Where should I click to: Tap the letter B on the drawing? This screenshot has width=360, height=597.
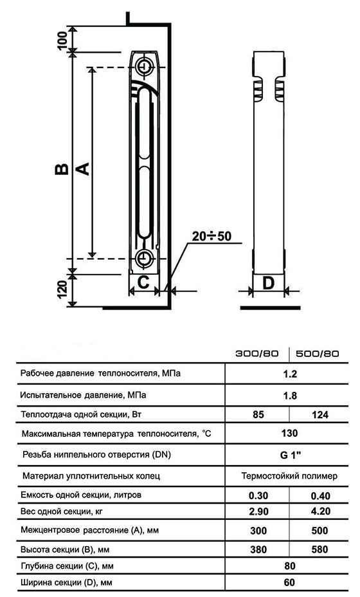(62, 169)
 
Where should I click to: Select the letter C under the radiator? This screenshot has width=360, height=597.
(143, 282)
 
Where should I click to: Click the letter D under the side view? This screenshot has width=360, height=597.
(268, 283)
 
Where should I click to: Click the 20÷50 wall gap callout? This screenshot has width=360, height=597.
(212, 236)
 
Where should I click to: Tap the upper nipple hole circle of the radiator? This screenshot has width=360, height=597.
(145, 65)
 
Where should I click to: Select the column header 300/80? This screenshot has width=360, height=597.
(257, 353)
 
